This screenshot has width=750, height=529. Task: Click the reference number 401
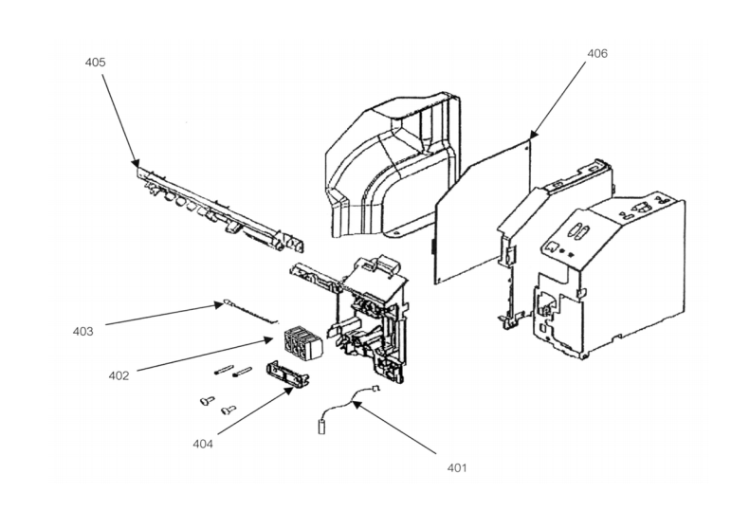tap(457, 467)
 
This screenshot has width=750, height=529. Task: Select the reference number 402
tap(119, 376)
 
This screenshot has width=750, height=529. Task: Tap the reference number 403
tap(82, 332)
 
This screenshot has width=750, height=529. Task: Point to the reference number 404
tap(203, 444)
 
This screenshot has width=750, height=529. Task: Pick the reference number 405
tap(95, 63)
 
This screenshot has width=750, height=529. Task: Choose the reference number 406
tap(597, 53)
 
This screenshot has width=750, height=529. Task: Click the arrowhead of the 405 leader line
tap(136, 163)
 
